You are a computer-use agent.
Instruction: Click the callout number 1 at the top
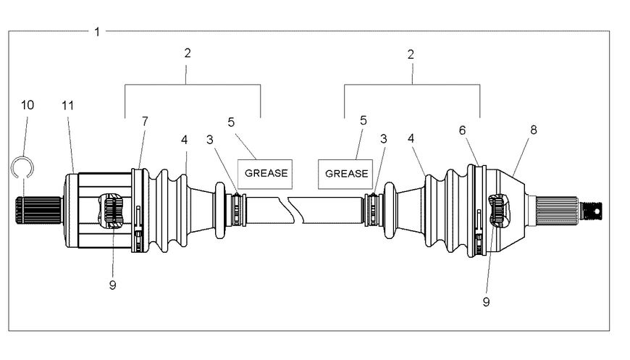click(97, 31)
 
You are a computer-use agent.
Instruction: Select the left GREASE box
click(266, 173)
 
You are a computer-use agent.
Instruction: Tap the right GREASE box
click(345, 174)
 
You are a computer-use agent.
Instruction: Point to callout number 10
click(27, 105)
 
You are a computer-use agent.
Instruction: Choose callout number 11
click(67, 105)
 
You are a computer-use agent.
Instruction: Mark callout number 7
click(144, 121)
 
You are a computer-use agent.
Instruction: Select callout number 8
click(534, 130)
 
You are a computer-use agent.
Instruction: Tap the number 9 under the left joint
click(112, 285)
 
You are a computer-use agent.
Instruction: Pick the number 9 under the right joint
click(486, 301)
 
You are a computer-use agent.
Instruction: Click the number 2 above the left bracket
click(188, 54)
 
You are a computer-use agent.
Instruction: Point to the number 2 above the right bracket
click(411, 54)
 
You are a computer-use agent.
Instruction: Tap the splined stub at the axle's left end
click(22, 210)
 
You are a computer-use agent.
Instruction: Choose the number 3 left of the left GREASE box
click(210, 139)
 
